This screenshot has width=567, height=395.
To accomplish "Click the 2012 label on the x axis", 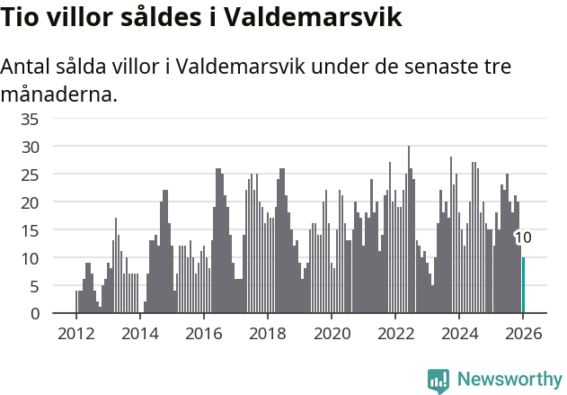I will pyautogui.click(x=75, y=334).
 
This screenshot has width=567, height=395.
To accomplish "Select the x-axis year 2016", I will pyautogui.click(x=203, y=334).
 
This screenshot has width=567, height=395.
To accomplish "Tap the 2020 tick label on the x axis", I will pyautogui.click(x=331, y=334).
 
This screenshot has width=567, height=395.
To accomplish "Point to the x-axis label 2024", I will pyautogui.click(x=458, y=334).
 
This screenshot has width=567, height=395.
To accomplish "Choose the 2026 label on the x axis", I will pyautogui.click(x=522, y=334).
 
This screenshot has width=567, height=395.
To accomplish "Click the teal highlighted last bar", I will pyautogui.click(x=523, y=285).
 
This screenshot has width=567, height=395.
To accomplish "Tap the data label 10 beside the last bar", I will pyautogui.click(x=523, y=238).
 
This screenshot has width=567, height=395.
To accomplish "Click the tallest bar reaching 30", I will pyautogui.click(x=409, y=229).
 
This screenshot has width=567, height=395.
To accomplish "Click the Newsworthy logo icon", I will pyautogui.click(x=439, y=381).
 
